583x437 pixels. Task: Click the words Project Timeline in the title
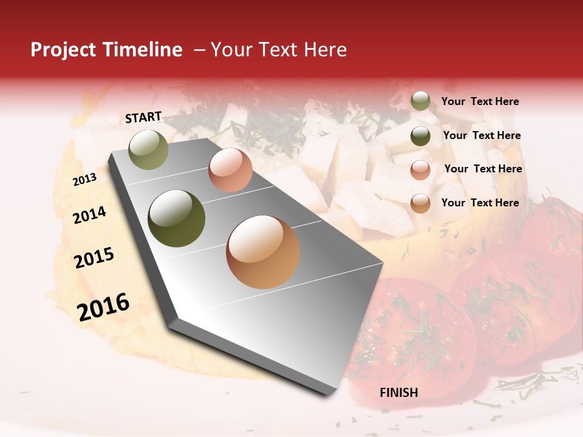point(106,50)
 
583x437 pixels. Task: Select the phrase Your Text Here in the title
point(278,50)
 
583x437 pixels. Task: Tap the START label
point(143,117)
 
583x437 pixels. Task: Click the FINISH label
point(399,393)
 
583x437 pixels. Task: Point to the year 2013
point(84,179)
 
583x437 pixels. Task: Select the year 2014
point(89,215)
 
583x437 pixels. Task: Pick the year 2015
point(94,258)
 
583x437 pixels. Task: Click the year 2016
point(103,307)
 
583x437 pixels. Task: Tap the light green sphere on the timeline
point(148,149)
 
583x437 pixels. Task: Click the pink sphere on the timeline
point(230,170)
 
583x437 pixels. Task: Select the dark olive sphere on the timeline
point(177,218)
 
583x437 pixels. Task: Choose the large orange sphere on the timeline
point(263,252)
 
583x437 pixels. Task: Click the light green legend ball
point(420,101)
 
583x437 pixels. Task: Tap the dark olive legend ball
point(420,136)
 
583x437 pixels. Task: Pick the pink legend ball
point(420,170)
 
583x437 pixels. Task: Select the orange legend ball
point(420,203)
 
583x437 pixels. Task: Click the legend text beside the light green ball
point(480,102)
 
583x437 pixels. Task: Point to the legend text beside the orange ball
point(480,203)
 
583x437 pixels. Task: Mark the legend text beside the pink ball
point(483,169)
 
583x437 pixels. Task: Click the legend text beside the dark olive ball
point(482,135)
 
